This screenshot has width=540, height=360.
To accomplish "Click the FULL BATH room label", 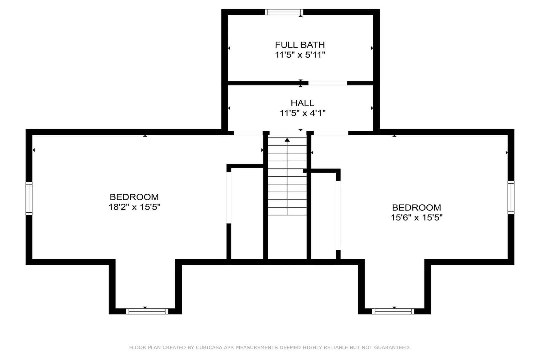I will (x=300, y=45).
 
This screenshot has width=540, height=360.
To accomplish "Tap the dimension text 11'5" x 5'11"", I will (x=300, y=55).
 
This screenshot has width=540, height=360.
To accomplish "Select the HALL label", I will (x=302, y=103).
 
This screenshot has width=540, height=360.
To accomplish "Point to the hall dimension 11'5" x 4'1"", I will (x=302, y=113).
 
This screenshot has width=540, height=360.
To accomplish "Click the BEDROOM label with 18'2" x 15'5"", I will (x=134, y=197).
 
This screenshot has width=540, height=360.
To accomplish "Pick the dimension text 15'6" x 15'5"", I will (x=417, y=217).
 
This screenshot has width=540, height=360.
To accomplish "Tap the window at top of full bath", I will (x=284, y=12).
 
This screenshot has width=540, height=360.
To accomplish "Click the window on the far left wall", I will (x=29, y=199).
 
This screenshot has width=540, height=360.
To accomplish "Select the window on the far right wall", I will (x=511, y=197).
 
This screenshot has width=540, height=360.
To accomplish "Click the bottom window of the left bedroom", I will (x=147, y=311).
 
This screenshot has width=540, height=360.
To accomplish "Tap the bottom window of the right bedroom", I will (x=393, y=311).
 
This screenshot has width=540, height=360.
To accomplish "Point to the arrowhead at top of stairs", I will (x=287, y=140).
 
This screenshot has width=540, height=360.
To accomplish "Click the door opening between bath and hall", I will (x=328, y=83).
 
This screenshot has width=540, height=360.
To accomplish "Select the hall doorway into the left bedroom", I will (x=248, y=133).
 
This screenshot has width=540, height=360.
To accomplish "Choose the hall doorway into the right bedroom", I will (x=331, y=133).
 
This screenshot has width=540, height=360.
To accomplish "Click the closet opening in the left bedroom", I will (x=229, y=198).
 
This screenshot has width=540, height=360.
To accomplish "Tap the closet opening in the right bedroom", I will (x=338, y=215).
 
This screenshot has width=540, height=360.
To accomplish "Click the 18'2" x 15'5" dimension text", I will (x=134, y=207).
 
